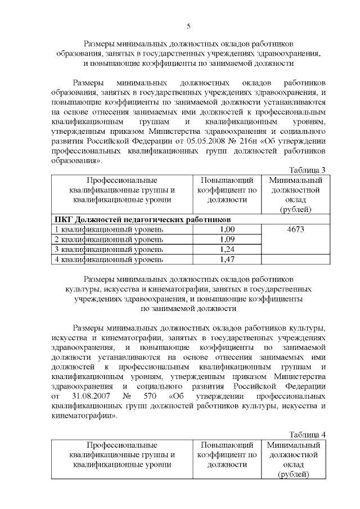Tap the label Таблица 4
point(307,434)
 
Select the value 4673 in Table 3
point(295,229)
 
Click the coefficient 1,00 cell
point(227,229)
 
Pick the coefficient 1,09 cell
point(227,240)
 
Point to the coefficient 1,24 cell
point(227,249)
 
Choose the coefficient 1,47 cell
point(227,259)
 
